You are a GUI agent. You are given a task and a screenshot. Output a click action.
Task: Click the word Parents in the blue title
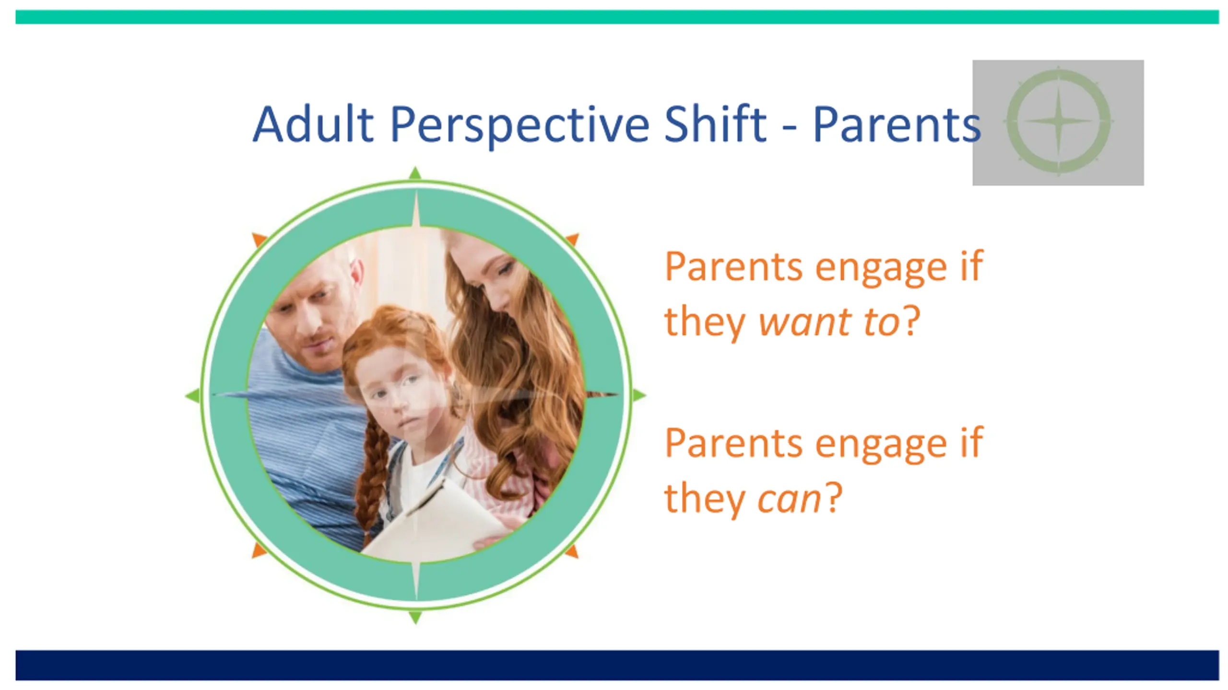coord(897,125)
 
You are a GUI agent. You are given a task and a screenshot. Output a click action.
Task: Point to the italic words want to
coord(829,322)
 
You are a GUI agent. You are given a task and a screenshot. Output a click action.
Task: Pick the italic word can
coord(789,500)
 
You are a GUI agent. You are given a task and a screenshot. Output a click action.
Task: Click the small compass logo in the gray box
coord(1058,121)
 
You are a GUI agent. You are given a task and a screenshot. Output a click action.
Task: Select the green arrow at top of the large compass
coord(415,173)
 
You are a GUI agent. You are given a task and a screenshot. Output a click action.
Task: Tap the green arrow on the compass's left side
coord(193,395)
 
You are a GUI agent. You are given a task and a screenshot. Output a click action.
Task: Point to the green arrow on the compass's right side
coord(639,395)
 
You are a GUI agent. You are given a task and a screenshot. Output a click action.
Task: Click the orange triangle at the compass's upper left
coord(259,239)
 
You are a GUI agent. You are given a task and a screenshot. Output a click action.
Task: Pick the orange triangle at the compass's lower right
coord(572,551)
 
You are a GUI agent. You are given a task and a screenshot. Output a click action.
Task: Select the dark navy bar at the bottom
coord(617,665)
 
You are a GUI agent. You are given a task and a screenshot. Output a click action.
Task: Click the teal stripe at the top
coord(617,17)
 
